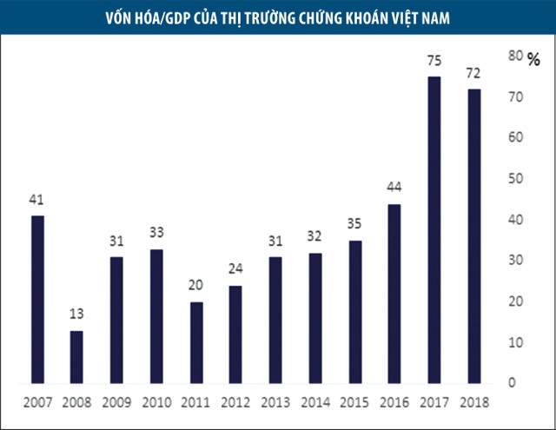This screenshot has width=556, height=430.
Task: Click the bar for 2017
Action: (x=434, y=230)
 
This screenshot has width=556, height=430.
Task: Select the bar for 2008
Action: (x=76, y=357)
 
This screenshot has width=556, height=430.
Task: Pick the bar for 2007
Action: (x=36, y=299)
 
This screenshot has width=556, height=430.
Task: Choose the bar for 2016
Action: (x=394, y=294)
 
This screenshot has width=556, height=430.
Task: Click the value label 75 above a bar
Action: (x=434, y=61)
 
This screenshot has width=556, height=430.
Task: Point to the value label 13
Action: (x=76, y=314)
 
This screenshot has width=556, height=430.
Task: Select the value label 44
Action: (x=394, y=188)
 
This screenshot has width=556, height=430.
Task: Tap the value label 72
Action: (x=473, y=73)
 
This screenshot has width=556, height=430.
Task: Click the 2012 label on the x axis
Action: (x=235, y=403)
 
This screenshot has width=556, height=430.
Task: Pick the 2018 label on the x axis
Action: (x=473, y=403)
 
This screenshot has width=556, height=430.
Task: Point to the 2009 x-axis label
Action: (x=116, y=403)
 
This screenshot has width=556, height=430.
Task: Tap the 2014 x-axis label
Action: (x=314, y=403)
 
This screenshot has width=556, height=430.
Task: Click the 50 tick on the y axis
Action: (x=514, y=178)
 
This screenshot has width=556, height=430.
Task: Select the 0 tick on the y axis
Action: (x=511, y=383)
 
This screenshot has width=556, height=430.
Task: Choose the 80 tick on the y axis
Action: (x=514, y=56)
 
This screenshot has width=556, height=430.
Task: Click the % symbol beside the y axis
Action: (x=534, y=59)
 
